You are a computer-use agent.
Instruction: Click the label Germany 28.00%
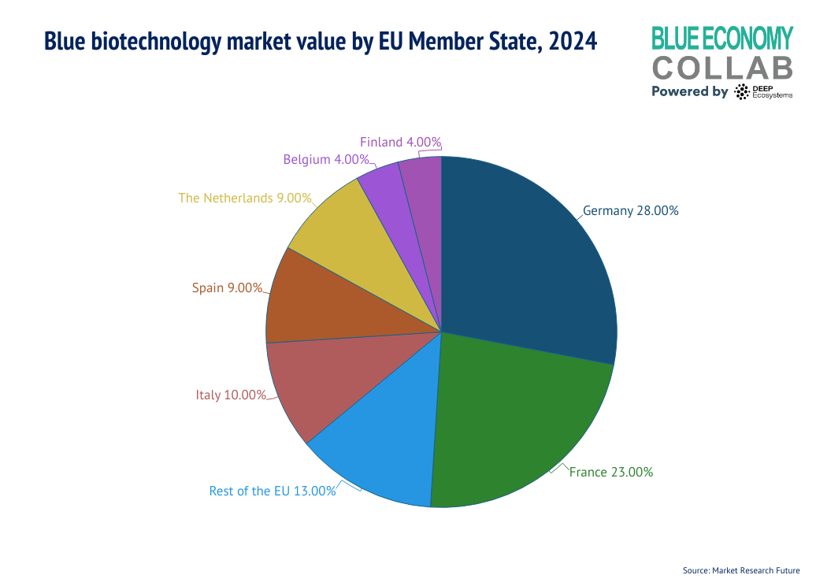[x=630, y=211]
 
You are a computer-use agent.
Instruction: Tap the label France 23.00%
[x=610, y=473]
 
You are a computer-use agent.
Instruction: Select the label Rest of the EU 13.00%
[x=273, y=491]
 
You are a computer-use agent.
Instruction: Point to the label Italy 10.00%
[x=231, y=395]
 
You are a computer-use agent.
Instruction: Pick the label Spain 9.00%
[x=227, y=288]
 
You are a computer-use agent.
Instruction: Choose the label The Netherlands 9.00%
[x=245, y=198]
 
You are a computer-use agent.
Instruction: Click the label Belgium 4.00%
[x=326, y=159]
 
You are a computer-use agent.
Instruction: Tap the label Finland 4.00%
[x=400, y=143]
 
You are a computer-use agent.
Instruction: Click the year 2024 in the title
[x=569, y=40]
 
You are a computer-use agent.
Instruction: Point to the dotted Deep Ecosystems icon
[x=741, y=92]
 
